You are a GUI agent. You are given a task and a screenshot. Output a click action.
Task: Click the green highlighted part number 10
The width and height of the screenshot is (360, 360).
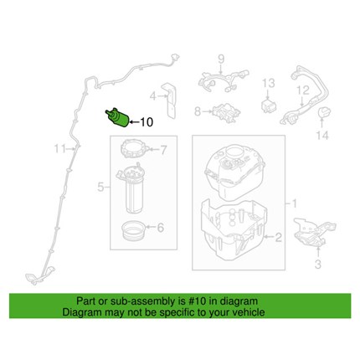coord(116,118)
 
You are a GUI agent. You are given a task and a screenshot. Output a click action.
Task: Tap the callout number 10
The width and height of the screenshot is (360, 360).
coord(146,122)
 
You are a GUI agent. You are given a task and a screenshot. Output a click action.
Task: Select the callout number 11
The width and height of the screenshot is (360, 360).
coord(60,149)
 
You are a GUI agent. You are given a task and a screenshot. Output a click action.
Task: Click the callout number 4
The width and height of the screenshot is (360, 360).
coord(153,96)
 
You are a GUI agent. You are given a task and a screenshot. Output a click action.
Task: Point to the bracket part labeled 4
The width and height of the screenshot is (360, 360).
coord(170,100)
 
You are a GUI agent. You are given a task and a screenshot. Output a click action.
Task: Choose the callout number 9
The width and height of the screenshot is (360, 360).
coord(221,59)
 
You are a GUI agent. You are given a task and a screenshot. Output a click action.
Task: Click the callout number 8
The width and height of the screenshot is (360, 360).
coord(198,111)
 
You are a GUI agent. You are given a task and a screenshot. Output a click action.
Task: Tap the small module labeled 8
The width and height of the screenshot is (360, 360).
coord(226,112)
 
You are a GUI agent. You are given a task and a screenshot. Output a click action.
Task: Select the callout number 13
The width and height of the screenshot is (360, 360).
coord(268,83)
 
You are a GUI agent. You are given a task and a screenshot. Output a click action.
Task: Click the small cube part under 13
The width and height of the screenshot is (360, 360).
coord(269,105)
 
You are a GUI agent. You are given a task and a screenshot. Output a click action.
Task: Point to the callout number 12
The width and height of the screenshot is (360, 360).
coord(303,90)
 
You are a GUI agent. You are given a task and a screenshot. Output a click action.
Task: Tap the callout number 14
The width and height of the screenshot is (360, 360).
coord(322,136)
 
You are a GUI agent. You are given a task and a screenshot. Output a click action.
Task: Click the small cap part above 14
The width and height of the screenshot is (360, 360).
coord(324,112)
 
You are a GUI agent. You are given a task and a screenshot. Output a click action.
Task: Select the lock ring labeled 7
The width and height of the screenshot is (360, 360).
coord(134,149)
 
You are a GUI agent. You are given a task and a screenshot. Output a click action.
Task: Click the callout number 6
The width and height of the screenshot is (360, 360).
coord(161,228)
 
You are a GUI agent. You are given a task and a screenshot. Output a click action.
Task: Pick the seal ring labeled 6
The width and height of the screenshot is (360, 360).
coord(133,229)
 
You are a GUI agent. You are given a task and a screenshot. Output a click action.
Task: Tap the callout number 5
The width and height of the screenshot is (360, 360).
coord(100,187)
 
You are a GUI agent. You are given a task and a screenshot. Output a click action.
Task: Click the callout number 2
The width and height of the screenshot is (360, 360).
coord(278,238)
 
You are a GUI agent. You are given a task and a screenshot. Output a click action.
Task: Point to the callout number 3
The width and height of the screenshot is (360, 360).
coord(318,264)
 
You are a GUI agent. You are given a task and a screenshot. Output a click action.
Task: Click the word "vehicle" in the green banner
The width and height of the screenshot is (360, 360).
coord(247,311)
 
